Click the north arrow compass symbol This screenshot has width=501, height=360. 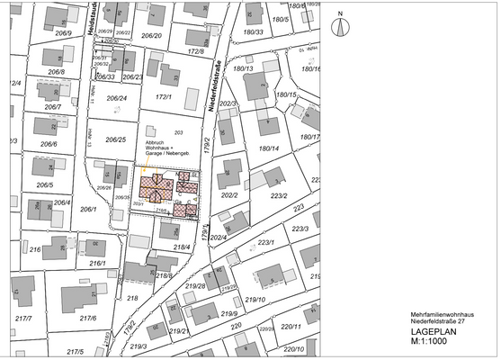pyautogui.click(x=341, y=25)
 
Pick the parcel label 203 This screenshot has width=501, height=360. pyautogui.click(x=178, y=133)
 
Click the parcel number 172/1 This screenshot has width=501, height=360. pyautogui.click(x=164, y=96)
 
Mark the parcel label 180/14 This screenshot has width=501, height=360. pyautogui.click(x=269, y=148)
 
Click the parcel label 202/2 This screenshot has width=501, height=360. pyautogui.click(x=228, y=193)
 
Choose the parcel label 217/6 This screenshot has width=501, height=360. pyautogui.click(x=87, y=318)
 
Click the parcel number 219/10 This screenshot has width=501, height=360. pyautogui.click(x=255, y=300)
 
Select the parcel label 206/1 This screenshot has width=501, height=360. pyautogui.click(x=87, y=209)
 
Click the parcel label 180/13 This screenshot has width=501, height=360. pyautogui.click(x=244, y=68)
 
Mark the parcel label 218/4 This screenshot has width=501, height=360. pyautogui.click(x=182, y=247)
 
